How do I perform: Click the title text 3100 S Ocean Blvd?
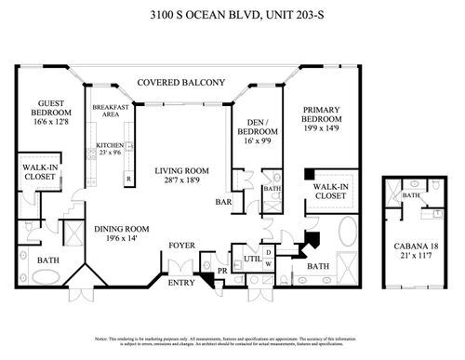pyautogui.click(x=232, y=16)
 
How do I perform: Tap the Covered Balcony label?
pyautogui.click(x=181, y=83)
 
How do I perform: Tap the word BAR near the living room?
pyautogui.click(x=223, y=201)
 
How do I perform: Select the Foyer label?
pyautogui.click(x=180, y=247)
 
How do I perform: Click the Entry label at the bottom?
pyautogui.click(x=180, y=281)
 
